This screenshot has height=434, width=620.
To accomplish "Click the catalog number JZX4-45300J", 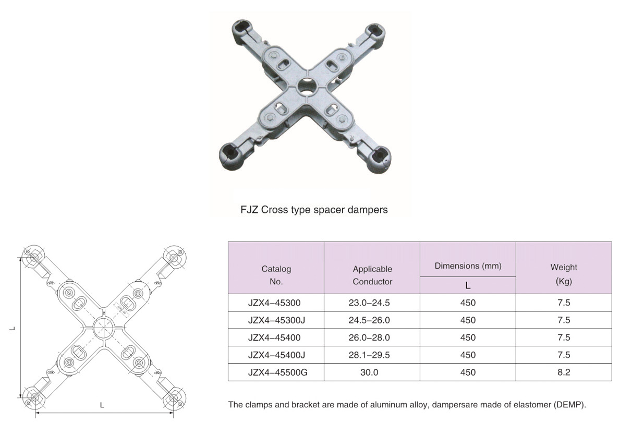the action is [x=276, y=320].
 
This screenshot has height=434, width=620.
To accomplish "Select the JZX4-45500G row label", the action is [x=277, y=372].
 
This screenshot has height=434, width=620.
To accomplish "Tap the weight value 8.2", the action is [x=564, y=372].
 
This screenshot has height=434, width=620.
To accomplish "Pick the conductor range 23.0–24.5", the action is [x=369, y=303].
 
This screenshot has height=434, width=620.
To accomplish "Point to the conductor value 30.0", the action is [x=369, y=372].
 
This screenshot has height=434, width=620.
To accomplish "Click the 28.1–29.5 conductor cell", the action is [x=369, y=355].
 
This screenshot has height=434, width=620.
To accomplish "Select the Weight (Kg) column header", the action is [x=564, y=274].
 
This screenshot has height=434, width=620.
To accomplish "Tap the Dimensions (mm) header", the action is [x=468, y=266].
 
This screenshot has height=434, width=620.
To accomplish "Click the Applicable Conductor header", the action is [x=372, y=275].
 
